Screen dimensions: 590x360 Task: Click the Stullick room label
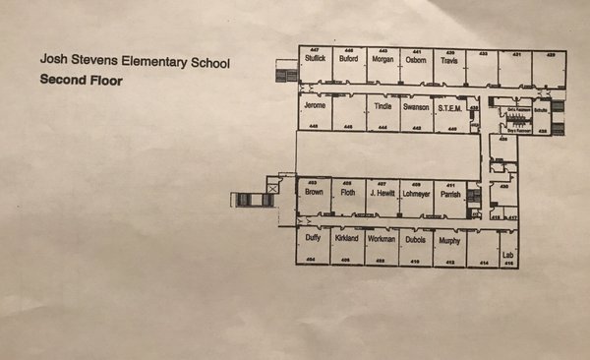(315, 60)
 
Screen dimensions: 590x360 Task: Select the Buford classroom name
(348, 60)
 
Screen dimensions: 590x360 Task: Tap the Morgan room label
(383, 60)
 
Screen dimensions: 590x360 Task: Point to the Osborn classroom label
(416, 60)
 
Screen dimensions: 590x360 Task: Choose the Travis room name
(449, 60)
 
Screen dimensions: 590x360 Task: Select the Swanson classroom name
(416, 106)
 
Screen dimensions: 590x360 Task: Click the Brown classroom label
(314, 193)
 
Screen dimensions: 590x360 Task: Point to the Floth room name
(348, 193)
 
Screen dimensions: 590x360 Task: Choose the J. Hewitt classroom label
(382, 193)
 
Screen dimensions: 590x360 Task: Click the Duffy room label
(314, 239)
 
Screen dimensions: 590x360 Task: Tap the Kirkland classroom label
(347, 239)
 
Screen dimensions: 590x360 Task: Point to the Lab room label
(508, 256)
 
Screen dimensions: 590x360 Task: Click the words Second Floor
(82, 81)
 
